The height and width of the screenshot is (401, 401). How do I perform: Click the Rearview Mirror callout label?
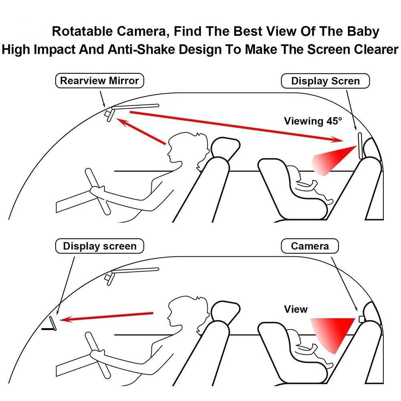[x=100, y=81]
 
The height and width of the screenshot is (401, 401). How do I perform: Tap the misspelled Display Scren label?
[x=325, y=81]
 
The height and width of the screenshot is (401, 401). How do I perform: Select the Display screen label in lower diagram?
[x=100, y=246]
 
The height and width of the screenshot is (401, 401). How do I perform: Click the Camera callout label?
[x=310, y=246]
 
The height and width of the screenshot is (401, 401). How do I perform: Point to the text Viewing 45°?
[x=313, y=121]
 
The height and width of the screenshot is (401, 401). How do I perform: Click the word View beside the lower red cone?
[x=296, y=309]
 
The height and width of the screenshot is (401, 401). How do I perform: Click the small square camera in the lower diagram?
[x=362, y=319]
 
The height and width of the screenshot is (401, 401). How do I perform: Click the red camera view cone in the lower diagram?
[x=332, y=332]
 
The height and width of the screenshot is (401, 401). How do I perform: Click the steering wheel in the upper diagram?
[x=98, y=191]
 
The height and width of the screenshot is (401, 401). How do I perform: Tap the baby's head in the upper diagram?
[x=294, y=173]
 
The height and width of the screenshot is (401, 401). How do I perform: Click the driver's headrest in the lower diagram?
[x=226, y=311]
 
